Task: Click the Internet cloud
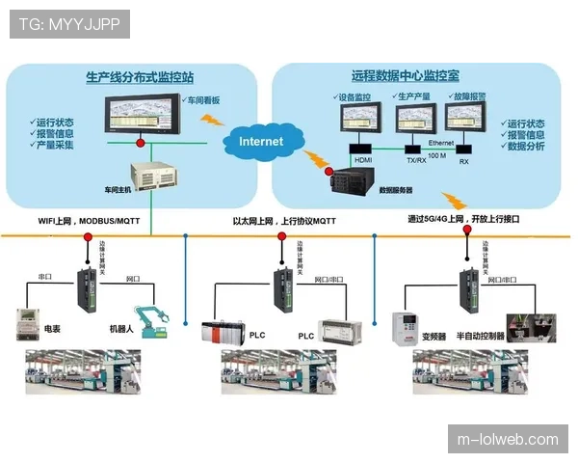(x=261, y=142)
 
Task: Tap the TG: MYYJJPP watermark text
(x=69, y=23)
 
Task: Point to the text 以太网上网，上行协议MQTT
(x=278, y=221)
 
